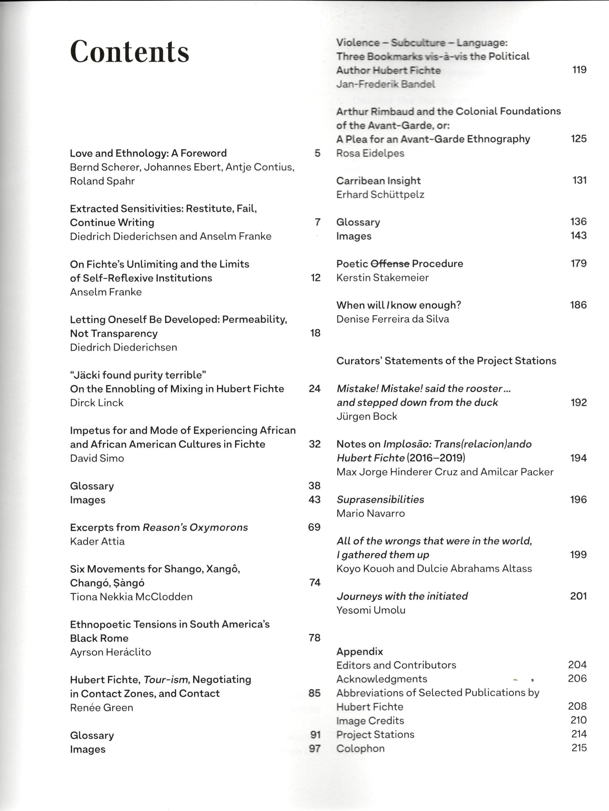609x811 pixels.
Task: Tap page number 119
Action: (x=579, y=70)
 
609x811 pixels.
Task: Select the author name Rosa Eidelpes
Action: (x=370, y=153)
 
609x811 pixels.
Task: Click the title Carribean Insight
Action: (x=378, y=181)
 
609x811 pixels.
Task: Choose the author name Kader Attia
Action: (x=97, y=541)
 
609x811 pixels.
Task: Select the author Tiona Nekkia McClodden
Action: (x=131, y=597)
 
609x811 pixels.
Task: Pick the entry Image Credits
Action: (x=370, y=720)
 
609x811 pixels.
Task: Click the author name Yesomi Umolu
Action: (x=371, y=610)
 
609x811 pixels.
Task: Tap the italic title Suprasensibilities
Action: (x=380, y=499)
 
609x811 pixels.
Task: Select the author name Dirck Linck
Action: (x=96, y=402)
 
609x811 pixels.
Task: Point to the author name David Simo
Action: (x=97, y=458)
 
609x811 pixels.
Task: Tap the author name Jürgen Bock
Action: (x=367, y=416)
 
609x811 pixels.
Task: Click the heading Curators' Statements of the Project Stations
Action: (x=446, y=361)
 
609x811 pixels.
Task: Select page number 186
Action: (x=578, y=305)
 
